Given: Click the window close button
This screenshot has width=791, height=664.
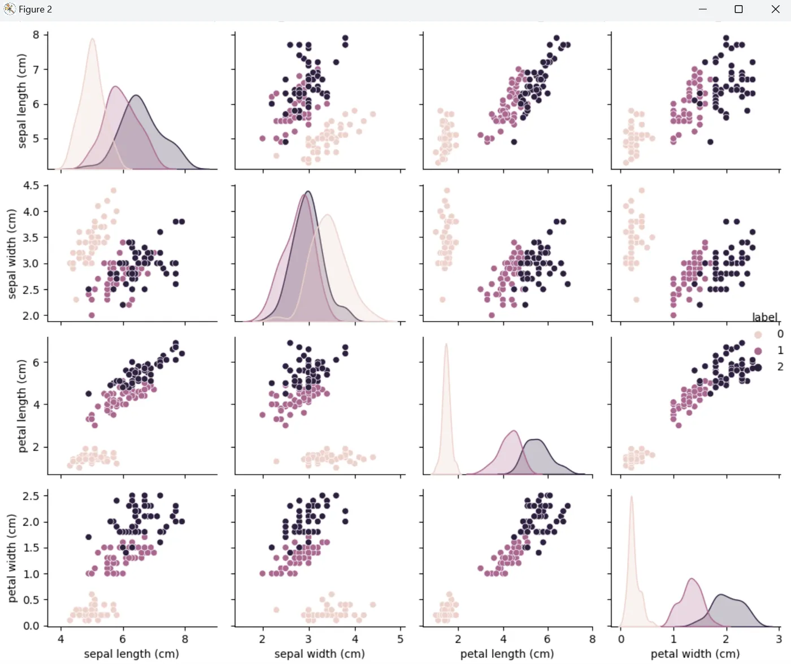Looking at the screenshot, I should [x=775, y=9].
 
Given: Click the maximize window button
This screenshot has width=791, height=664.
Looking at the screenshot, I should [x=738, y=9].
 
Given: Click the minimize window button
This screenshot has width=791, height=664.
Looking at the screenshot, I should [x=703, y=9].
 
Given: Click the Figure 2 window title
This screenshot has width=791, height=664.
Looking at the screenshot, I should [x=35, y=9].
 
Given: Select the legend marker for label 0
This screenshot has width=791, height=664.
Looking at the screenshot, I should [x=758, y=335].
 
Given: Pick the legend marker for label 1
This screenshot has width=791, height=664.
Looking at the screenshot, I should [x=758, y=351].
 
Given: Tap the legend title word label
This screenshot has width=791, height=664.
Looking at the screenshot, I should [x=764, y=317].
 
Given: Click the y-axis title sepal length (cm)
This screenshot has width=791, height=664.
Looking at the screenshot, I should [x=22, y=101].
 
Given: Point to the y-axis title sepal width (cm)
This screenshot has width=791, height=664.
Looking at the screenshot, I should [x=11, y=253].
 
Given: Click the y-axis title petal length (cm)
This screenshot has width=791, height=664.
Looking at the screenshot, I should [x=22, y=406].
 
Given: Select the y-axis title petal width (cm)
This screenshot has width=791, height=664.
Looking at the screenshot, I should [x=11, y=558].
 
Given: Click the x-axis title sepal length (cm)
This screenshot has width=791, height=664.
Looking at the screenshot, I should [x=131, y=654].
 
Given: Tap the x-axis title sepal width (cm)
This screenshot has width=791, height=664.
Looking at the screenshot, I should [x=319, y=654].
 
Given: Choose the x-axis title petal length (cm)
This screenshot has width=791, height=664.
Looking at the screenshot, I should [x=507, y=654].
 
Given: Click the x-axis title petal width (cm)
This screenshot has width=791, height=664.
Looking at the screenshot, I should [x=695, y=654].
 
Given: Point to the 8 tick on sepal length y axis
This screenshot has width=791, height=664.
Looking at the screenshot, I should [x=36, y=35].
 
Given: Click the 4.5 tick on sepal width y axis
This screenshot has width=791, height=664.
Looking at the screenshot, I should [x=31, y=186].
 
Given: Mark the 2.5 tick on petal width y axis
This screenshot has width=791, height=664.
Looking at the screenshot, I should [x=31, y=496].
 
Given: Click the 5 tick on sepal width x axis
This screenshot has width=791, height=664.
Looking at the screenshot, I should [x=401, y=639].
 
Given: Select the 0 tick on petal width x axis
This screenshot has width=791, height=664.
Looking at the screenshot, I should [x=621, y=639].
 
